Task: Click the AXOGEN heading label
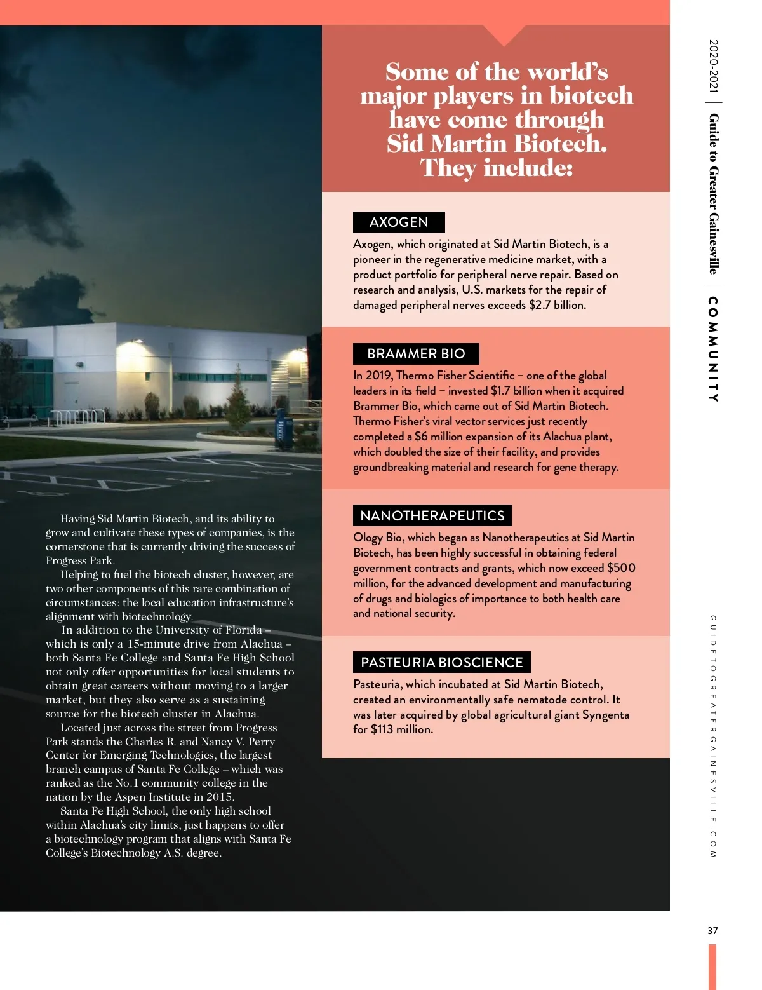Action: tap(399, 222)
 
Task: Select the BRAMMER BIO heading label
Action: tap(416, 354)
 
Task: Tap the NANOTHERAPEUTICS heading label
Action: tap(432, 515)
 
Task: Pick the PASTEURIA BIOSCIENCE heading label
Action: tap(441, 662)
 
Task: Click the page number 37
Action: tap(712, 931)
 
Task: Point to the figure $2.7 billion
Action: tap(557, 305)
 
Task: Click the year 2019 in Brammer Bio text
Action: tap(378, 376)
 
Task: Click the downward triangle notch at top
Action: tap(504, 35)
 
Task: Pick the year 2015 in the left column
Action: tap(220, 797)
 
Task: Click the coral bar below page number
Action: tap(712, 966)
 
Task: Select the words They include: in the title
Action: tap(496, 168)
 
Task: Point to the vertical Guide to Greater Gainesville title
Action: tap(713, 193)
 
